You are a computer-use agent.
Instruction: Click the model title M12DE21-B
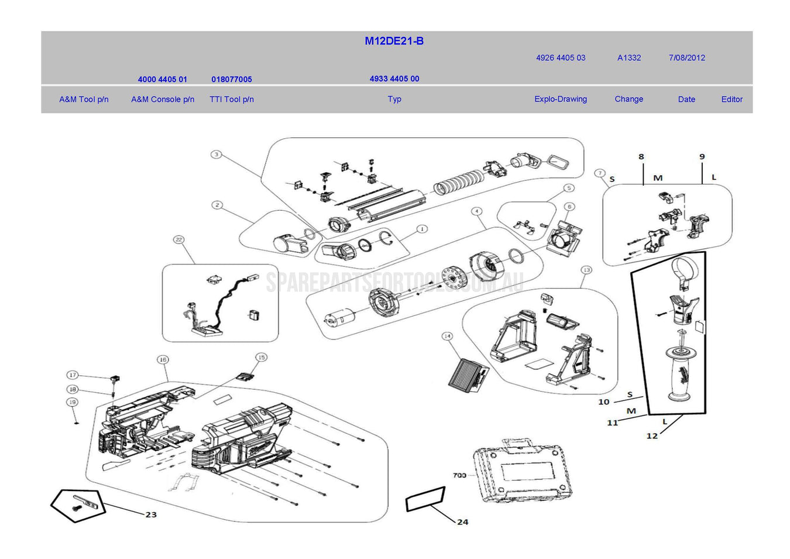coord(394,41)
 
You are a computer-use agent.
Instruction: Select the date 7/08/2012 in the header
coord(686,58)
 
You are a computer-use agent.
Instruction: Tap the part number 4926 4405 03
coord(560,58)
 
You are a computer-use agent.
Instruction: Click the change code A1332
coord(629,58)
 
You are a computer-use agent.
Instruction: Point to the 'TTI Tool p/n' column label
coord(232,100)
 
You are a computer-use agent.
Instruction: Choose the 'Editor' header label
coord(731,100)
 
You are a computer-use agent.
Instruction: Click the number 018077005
coord(232,80)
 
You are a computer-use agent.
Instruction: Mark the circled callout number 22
coord(179,240)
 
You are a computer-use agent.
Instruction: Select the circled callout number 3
coord(217,155)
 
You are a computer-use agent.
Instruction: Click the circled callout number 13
coord(586,270)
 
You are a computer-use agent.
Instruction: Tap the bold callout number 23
coord(151,515)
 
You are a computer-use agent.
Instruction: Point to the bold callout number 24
coord(462,522)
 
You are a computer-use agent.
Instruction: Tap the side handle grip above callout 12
coord(680,373)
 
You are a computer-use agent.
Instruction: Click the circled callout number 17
coord(73,375)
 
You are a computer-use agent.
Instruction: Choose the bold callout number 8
coord(641,157)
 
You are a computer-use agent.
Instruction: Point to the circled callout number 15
coord(261,357)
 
